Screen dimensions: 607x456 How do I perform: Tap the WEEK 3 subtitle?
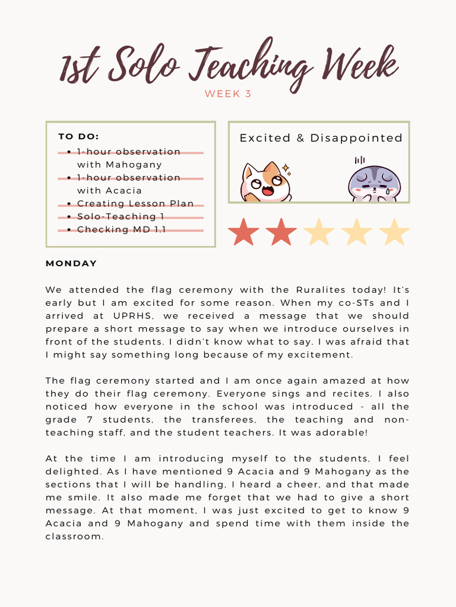coord(228,94)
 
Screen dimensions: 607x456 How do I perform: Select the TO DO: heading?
coord(78,136)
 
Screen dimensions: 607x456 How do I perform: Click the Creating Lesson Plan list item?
coord(135,203)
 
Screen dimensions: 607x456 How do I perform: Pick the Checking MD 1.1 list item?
coord(121,229)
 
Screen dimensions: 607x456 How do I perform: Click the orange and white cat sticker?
coord(265,183)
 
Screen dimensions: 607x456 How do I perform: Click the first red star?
coord(243,232)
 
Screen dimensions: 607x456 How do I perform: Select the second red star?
coord(281,232)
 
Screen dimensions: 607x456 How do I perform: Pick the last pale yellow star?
coord(394,232)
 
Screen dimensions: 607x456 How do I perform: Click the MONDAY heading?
coord(71,263)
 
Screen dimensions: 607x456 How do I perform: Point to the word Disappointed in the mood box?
coord(356,138)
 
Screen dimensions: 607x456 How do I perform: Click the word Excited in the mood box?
coord(265,138)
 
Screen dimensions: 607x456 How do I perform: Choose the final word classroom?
coord(75,536)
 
